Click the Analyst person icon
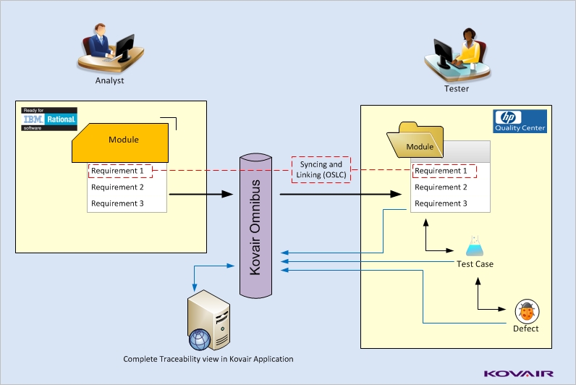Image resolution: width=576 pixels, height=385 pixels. click(107, 48)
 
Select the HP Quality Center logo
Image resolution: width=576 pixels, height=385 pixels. click(520, 121)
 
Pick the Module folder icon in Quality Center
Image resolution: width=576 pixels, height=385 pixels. click(419, 143)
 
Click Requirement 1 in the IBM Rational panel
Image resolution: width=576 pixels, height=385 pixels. click(119, 171)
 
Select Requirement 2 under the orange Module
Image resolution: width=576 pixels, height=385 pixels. click(117, 187)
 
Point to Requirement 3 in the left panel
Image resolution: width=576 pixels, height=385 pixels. click(117, 203)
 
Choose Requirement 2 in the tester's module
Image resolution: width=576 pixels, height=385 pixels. click(441, 187)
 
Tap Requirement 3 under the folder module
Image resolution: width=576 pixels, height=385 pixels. click(441, 203)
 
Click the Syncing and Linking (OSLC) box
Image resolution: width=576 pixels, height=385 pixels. click(320, 170)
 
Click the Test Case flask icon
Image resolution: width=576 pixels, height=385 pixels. click(475, 246)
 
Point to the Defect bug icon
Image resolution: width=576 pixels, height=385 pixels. click(526, 311)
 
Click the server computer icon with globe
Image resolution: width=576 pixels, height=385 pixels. click(200, 320)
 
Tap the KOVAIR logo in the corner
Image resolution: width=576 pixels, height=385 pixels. click(518, 373)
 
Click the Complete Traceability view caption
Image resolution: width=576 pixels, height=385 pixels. click(208, 359)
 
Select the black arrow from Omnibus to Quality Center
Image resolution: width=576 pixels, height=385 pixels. click(340, 194)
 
